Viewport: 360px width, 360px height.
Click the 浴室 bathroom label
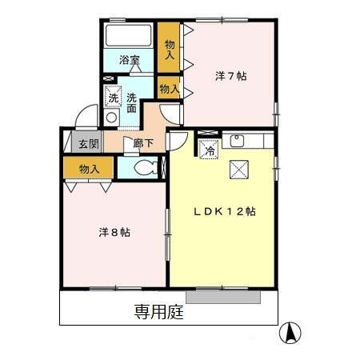pyautogui.click(x=130, y=59)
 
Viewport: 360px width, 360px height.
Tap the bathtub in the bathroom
pyautogui.click(x=128, y=35)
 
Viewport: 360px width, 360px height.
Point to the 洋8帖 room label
pyautogui.click(x=114, y=233)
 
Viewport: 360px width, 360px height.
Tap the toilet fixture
pyautogui.click(x=144, y=168)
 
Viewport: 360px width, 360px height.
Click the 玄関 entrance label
pyautogui.click(x=89, y=144)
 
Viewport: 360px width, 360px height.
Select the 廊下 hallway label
pyautogui.click(x=144, y=144)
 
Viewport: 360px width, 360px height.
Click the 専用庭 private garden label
pyautogui.click(x=158, y=313)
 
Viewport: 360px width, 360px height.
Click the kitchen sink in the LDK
pyautogui.click(x=238, y=142)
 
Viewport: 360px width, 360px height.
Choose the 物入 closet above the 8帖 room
pyautogui.click(x=90, y=168)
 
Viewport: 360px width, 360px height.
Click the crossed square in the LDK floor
pyautogui.click(x=238, y=169)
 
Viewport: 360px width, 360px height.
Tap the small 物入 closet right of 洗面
pyautogui.click(x=169, y=88)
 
